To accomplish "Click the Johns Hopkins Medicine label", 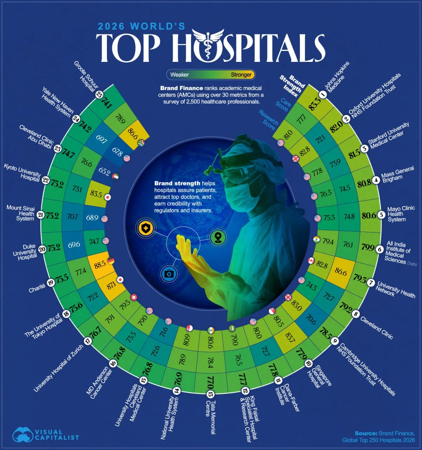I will click(x=337, y=77).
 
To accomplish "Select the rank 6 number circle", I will click(x=379, y=250).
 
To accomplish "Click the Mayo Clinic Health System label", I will click(x=396, y=214).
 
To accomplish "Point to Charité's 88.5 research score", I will click(x=100, y=264).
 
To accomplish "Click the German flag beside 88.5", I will click(x=111, y=261).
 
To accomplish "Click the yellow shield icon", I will click(x=145, y=229).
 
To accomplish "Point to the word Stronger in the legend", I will click(x=241, y=75).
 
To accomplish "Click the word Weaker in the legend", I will click(x=179, y=75).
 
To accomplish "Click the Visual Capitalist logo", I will click(x=46, y=435).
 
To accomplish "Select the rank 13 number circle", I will click(x=210, y=394).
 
